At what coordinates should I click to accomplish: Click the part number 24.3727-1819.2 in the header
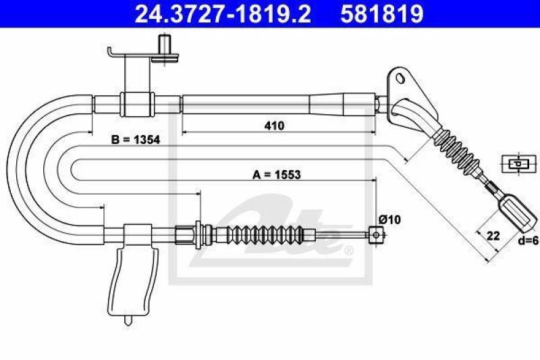click(x=223, y=14)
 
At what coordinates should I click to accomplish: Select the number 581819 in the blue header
click(x=381, y=14)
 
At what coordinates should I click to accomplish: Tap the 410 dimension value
click(x=275, y=126)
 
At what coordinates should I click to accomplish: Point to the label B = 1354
click(x=136, y=140)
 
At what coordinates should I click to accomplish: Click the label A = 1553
click(x=277, y=175)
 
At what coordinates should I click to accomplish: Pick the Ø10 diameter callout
click(x=389, y=219)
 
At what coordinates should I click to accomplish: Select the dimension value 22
click(x=493, y=236)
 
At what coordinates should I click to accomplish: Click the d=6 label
click(x=528, y=241)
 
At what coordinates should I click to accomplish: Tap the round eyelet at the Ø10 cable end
click(x=376, y=235)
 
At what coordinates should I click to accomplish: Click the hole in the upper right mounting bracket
click(x=400, y=78)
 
